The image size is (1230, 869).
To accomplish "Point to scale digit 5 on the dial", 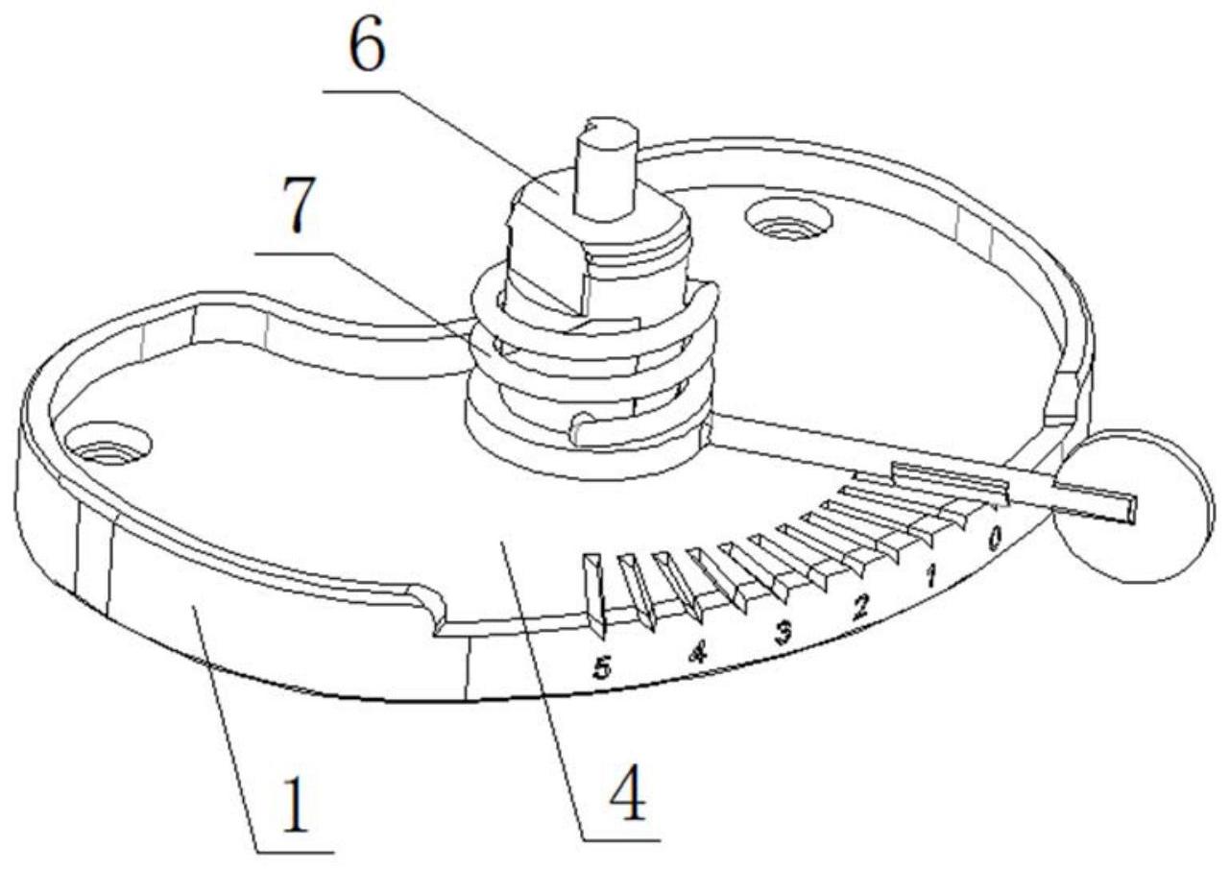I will click(601, 669).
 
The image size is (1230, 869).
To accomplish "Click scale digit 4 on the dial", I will click(697, 653).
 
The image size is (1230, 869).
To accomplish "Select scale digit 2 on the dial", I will click(861, 605).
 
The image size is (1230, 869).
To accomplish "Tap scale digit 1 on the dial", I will click(929, 576).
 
